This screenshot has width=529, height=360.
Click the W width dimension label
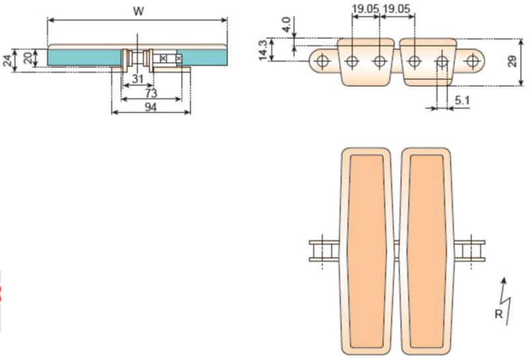(138, 11)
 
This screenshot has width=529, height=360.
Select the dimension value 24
(7, 61)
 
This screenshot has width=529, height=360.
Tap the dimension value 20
(27, 58)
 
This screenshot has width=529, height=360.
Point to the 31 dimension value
(138, 79)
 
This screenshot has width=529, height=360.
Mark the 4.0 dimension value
(286, 25)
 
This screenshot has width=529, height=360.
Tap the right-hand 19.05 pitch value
(397, 9)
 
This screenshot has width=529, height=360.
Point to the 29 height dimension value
(512, 62)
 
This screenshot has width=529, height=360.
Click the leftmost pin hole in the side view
(323, 62)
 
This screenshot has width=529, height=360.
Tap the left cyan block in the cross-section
(83, 58)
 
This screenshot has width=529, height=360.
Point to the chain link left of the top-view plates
(324, 251)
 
